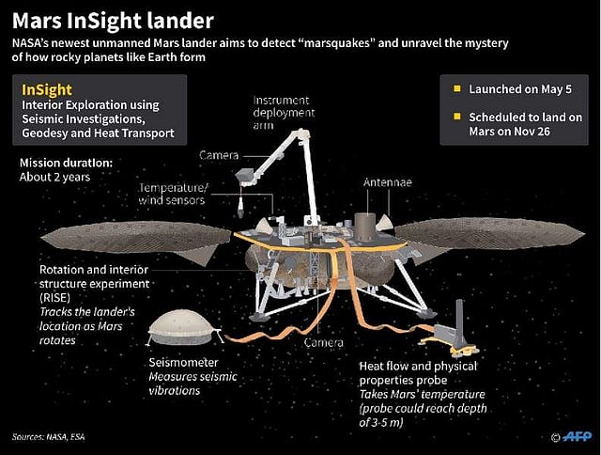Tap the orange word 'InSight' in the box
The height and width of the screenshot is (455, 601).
(47, 89)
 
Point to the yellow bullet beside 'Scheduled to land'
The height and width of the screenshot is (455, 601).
(457, 118)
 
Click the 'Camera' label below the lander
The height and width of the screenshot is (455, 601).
(323, 343)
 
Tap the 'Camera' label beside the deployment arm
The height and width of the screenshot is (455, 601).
(219, 154)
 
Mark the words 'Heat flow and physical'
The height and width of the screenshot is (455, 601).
(419, 365)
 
